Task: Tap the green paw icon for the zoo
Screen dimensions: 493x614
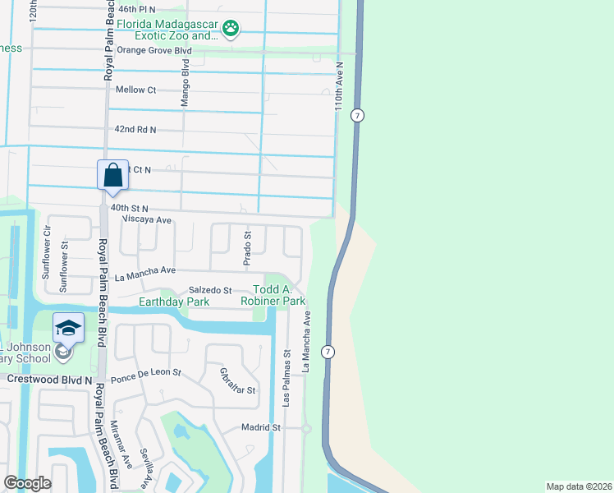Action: point(232,30)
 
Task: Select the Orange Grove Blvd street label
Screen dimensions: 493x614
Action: point(153,50)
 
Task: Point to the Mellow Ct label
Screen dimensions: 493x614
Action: point(135,90)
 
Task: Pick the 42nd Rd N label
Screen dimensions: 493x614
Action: point(135,130)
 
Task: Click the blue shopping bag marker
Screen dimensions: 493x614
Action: point(112,176)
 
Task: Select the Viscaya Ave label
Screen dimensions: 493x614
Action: point(146,220)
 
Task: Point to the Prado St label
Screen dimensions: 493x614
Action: point(247,248)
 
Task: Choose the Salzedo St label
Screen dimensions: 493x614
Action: point(211,291)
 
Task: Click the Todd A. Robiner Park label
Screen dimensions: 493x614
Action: point(278,296)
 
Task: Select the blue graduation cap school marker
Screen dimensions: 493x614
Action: point(69,329)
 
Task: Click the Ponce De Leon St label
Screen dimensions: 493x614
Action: point(145,373)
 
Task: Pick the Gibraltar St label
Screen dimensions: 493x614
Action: point(239,380)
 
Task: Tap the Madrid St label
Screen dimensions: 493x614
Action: point(261,427)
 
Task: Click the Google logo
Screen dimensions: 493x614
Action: point(27,483)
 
